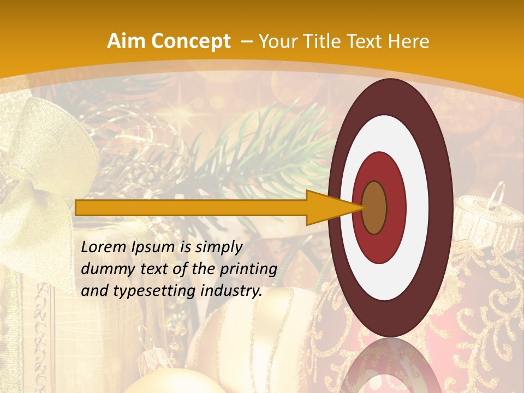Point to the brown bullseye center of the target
tap(374, 208)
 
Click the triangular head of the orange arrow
tap(327, 208)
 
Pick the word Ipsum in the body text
tap(157, 248)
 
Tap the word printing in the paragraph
tap(250, 270)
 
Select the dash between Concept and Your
tap(246, 41)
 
